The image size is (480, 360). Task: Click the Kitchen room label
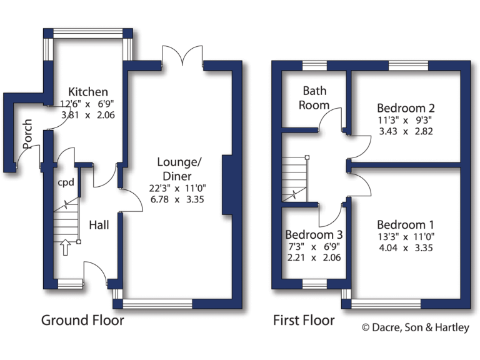[x=88, y=92]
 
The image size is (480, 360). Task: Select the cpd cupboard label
[x=66, y=182]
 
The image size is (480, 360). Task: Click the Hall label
[x=99, y=224]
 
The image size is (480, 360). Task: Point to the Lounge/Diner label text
[x=179, y=169]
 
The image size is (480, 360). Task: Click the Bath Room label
[x=315, y=97]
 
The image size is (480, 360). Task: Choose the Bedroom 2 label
[x=406, y=107]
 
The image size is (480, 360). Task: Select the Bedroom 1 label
[x=406, y=224]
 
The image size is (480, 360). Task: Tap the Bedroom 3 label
[x=314, y=235]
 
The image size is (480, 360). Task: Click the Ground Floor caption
[x=82, y=321]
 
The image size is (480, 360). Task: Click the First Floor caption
[x=304, y=321]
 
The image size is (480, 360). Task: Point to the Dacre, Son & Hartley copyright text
[x=416, y=327]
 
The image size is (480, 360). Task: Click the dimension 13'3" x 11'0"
[x=406, y=236]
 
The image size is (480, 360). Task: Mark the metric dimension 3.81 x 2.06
[x=88, y=115]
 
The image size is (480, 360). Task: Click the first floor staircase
[x=295, y=179]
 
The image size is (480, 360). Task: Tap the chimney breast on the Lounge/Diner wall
[x=228, y=184]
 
